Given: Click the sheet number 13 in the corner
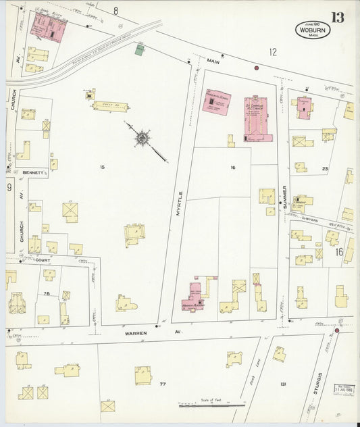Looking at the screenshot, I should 337,17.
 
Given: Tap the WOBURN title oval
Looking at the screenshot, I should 313,30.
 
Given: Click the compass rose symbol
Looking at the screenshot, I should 143,139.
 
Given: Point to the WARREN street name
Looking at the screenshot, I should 136,334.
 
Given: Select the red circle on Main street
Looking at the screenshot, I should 257,68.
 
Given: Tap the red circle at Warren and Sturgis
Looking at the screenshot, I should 337,330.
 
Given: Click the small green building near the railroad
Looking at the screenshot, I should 140,50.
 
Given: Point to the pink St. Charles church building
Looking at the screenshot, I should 258,118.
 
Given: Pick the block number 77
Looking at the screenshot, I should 162,384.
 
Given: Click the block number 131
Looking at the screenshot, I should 284,384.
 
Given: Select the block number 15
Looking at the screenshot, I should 103,167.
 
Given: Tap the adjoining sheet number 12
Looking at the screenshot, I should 272,51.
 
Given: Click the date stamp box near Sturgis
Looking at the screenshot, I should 344,390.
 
